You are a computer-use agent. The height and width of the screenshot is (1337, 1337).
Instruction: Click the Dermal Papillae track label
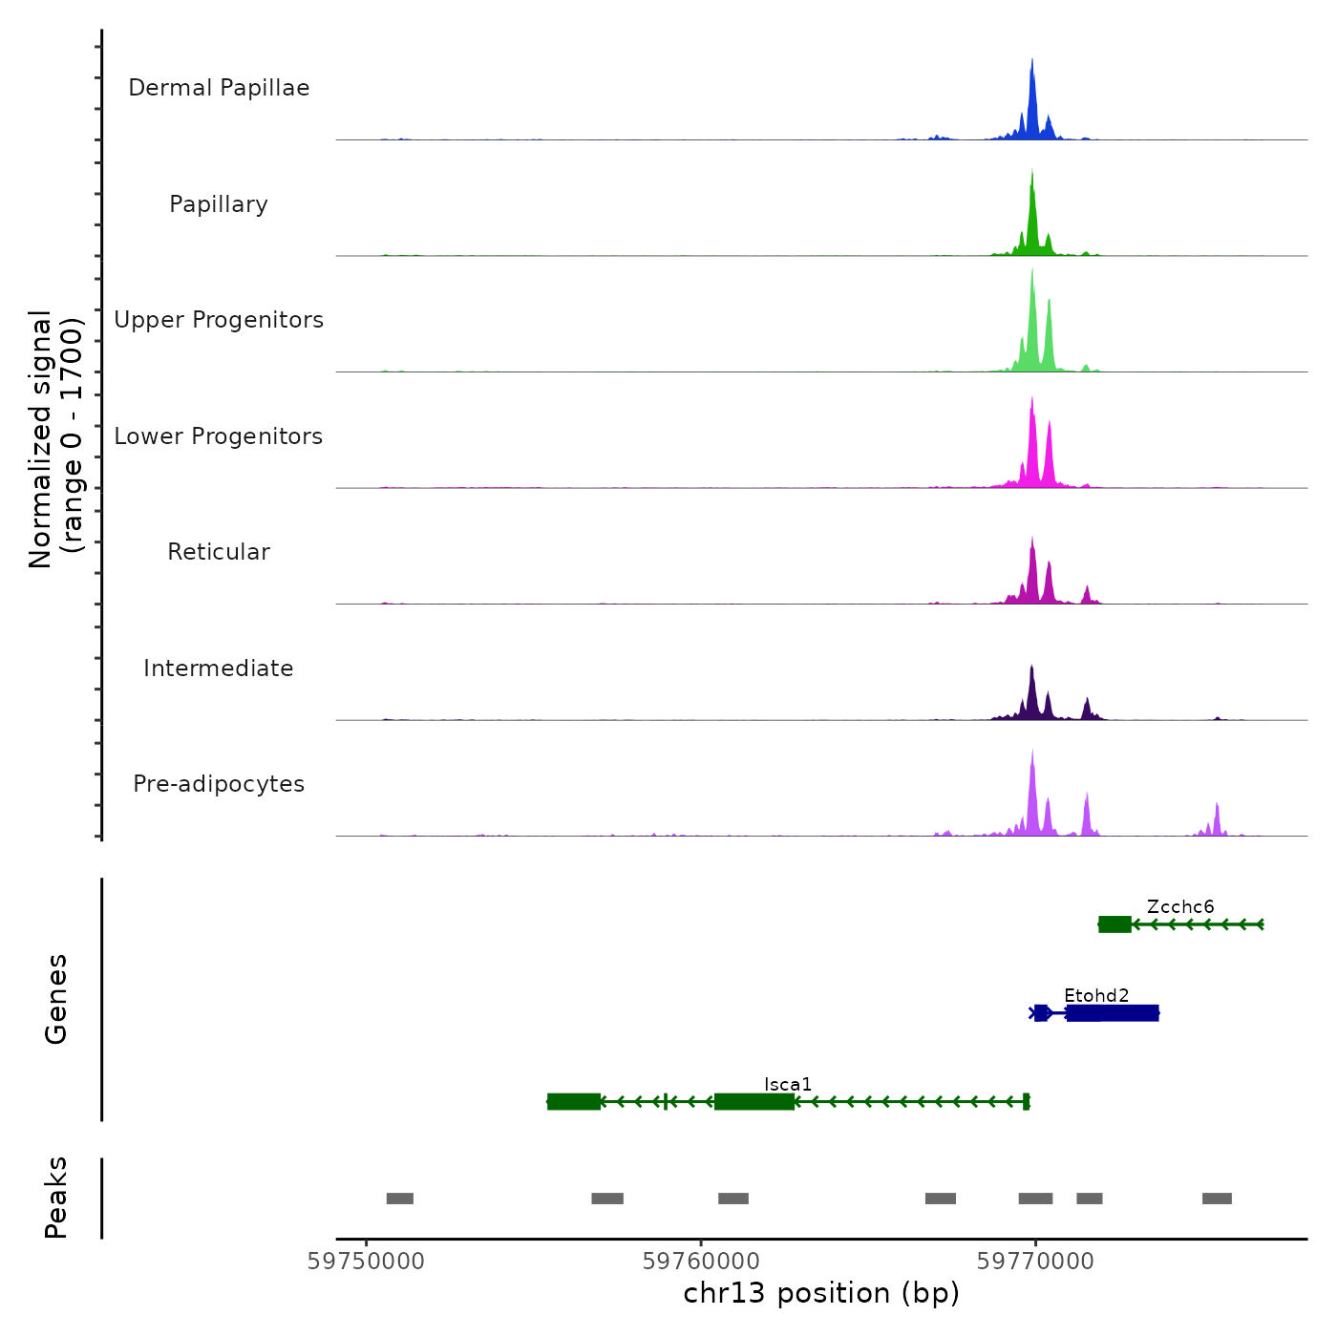[219, 88]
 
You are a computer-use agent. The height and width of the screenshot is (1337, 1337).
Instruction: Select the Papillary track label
[219, 204]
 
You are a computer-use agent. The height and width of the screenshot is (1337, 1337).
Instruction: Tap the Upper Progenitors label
[219, 320]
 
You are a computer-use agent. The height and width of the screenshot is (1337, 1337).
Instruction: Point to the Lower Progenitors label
[219, 436]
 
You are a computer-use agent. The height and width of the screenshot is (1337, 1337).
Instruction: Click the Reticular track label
[219, 552]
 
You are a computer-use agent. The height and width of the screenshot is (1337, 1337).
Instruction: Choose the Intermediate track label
[219, 668]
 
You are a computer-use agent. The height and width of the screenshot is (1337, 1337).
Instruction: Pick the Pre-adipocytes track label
[219, 784]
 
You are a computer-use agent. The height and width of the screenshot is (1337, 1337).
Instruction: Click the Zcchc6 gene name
[1180, 906]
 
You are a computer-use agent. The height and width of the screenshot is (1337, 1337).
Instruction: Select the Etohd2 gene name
[1096, 995]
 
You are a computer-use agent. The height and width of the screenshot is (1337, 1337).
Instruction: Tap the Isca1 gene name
[788, 1084]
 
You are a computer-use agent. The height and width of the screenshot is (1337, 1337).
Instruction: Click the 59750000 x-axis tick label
[366, 1262]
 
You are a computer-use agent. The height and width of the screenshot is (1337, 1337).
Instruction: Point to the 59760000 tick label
[701, 1262]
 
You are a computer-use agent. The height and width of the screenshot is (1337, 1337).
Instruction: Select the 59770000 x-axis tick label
[1035, 1262]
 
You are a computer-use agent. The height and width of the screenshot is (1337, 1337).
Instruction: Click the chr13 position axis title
[821, 1293]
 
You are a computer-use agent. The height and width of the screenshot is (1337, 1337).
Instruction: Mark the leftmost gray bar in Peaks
[400, 1199]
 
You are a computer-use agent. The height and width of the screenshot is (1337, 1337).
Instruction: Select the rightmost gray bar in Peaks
[1217, 1199]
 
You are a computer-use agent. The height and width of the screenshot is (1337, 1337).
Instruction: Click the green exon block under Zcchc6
[1114, 924]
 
